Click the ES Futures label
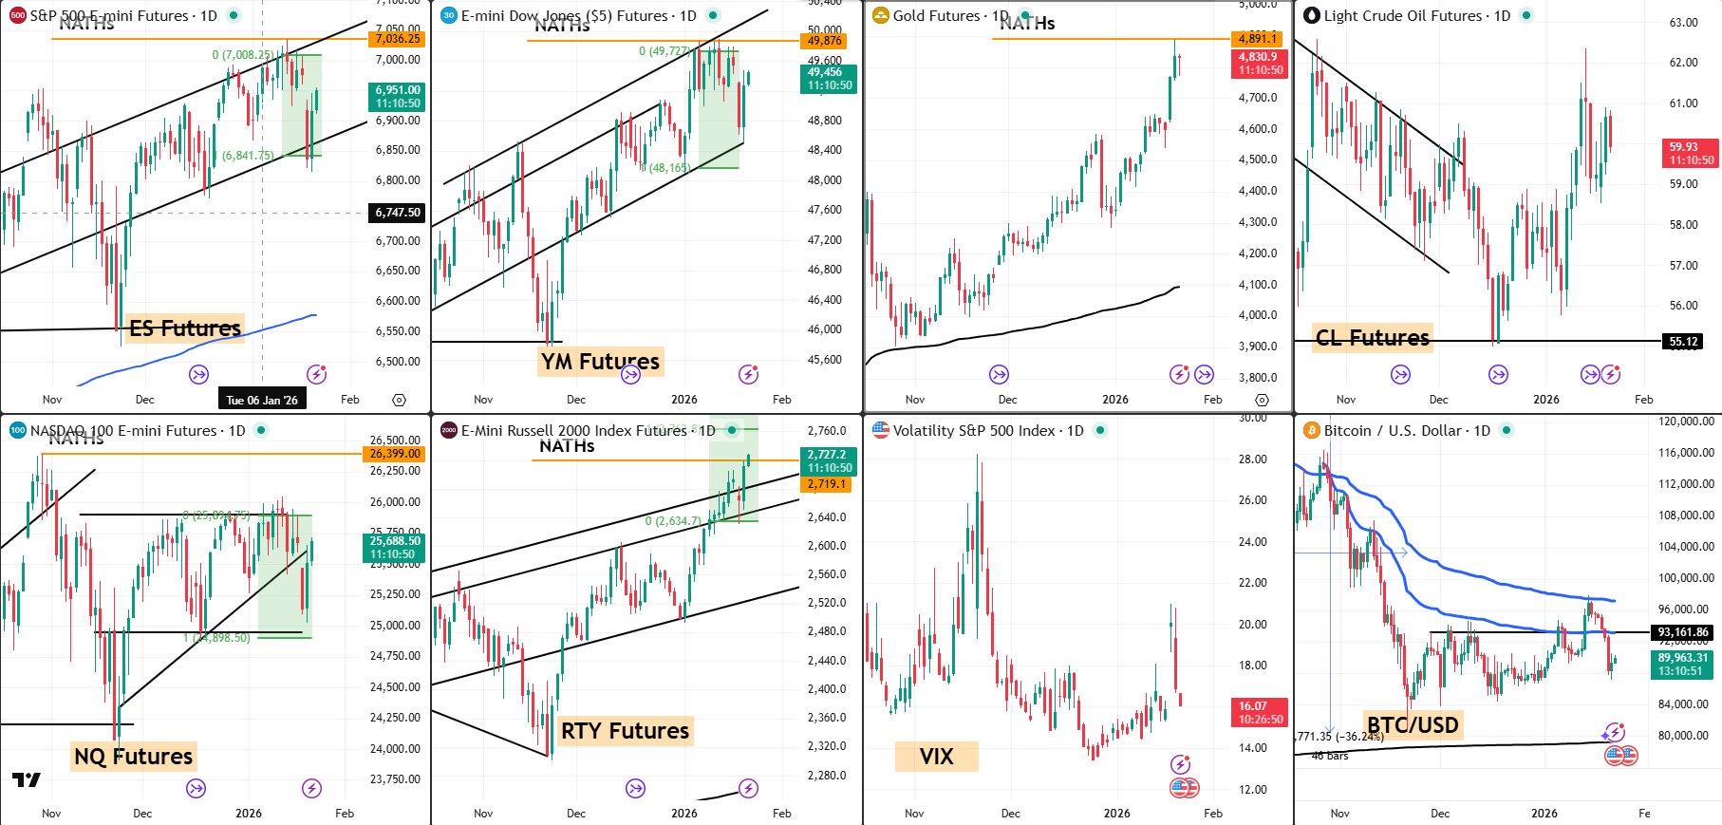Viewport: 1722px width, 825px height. (185, 328)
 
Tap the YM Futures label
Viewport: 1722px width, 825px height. (600, 362)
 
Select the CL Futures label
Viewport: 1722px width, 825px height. (1372, 338)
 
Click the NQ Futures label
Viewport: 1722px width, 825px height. (133, 757)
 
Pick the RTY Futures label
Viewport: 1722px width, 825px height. (625, 731)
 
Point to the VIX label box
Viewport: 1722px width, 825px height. (936, 757)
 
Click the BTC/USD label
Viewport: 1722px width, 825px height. (1412, 725)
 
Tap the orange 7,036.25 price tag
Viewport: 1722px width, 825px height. (397, 39)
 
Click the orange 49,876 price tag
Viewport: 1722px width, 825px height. (824, 41)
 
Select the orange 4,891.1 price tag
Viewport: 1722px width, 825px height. (1257, 39)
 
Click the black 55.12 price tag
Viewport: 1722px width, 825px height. (1683, 342)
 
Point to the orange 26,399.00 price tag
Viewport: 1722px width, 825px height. (395, 454)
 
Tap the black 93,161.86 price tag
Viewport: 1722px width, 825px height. (1682, 632)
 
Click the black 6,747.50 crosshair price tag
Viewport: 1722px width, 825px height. (397, 213)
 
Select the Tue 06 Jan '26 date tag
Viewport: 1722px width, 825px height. (262, 400)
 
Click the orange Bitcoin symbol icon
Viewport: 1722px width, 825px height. (1312, 431)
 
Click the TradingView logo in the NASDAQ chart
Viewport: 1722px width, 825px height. (27, 780)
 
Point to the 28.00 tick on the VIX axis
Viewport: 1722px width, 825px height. (1252, 459)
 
